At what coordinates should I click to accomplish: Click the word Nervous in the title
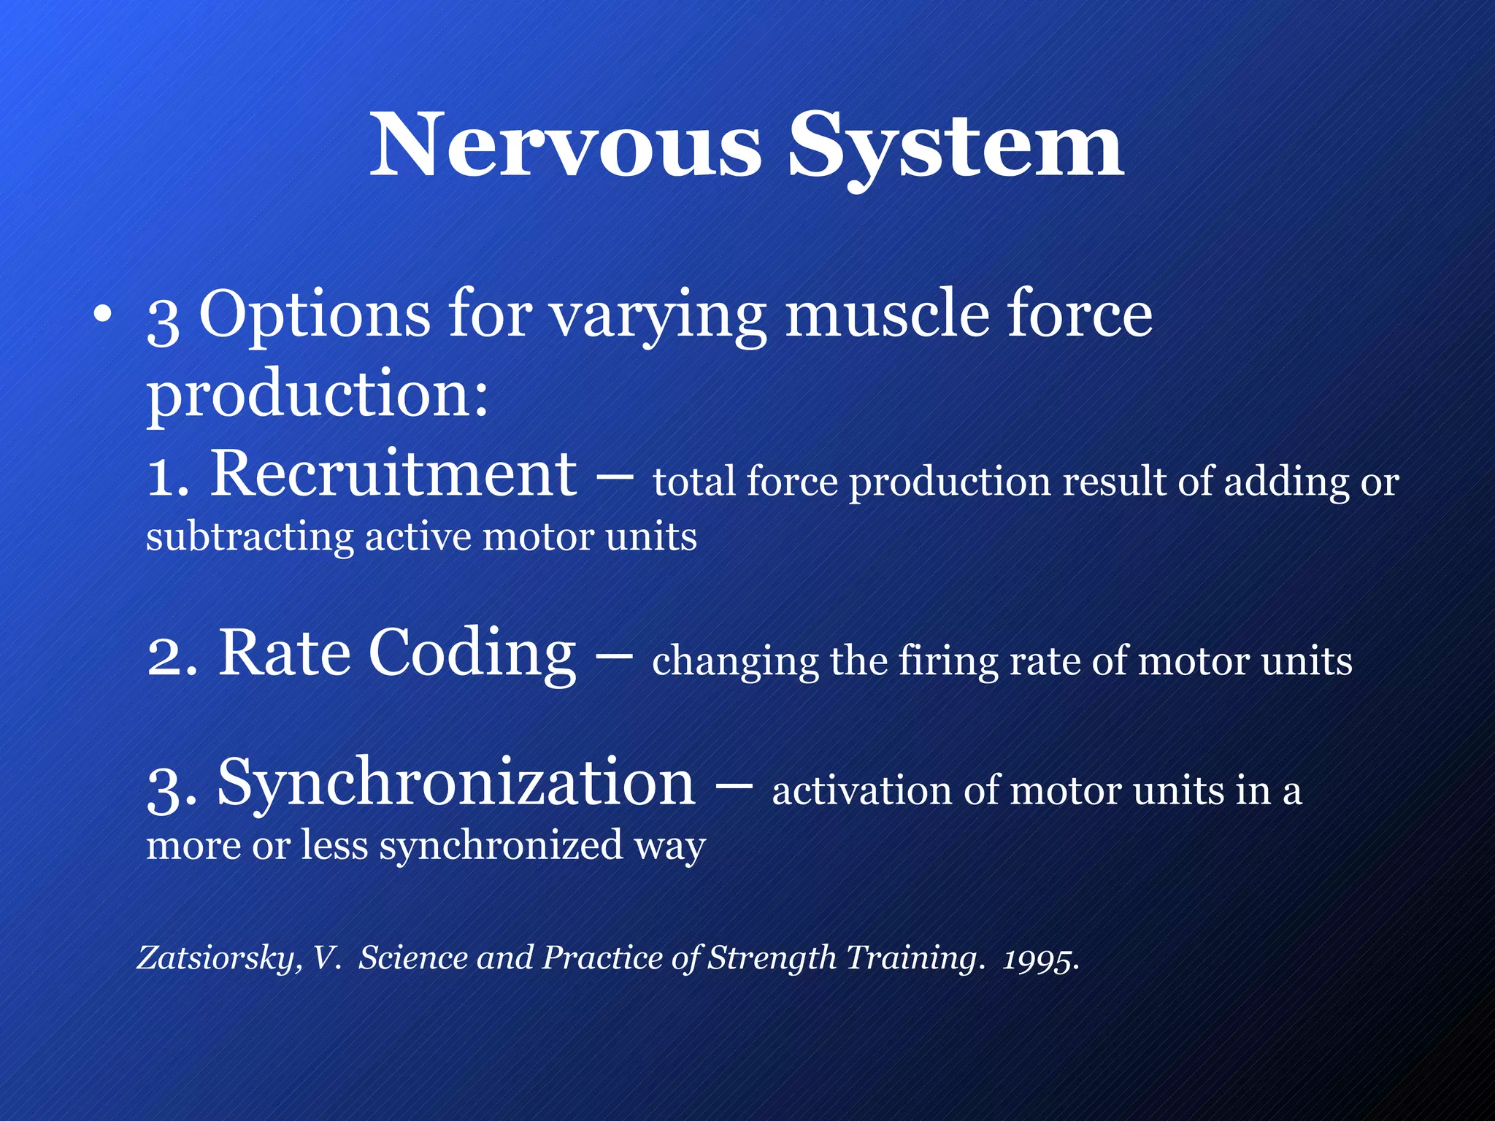pyautogui.click(x=566, y=146)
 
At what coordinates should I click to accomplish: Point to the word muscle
pyautogui.click(x=886, y=315)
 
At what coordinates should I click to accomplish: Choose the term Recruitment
pyautogui.click(x=393, y=474)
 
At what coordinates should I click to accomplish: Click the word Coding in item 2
pyautogui.click(x=472, y=653)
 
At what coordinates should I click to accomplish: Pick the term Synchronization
pyautogui.click(x=456, y=783)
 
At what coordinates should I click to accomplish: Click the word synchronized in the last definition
pyautogui.click(x=501, y=847)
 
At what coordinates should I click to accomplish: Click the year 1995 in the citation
pyautogui.click(x=1038, y=959)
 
